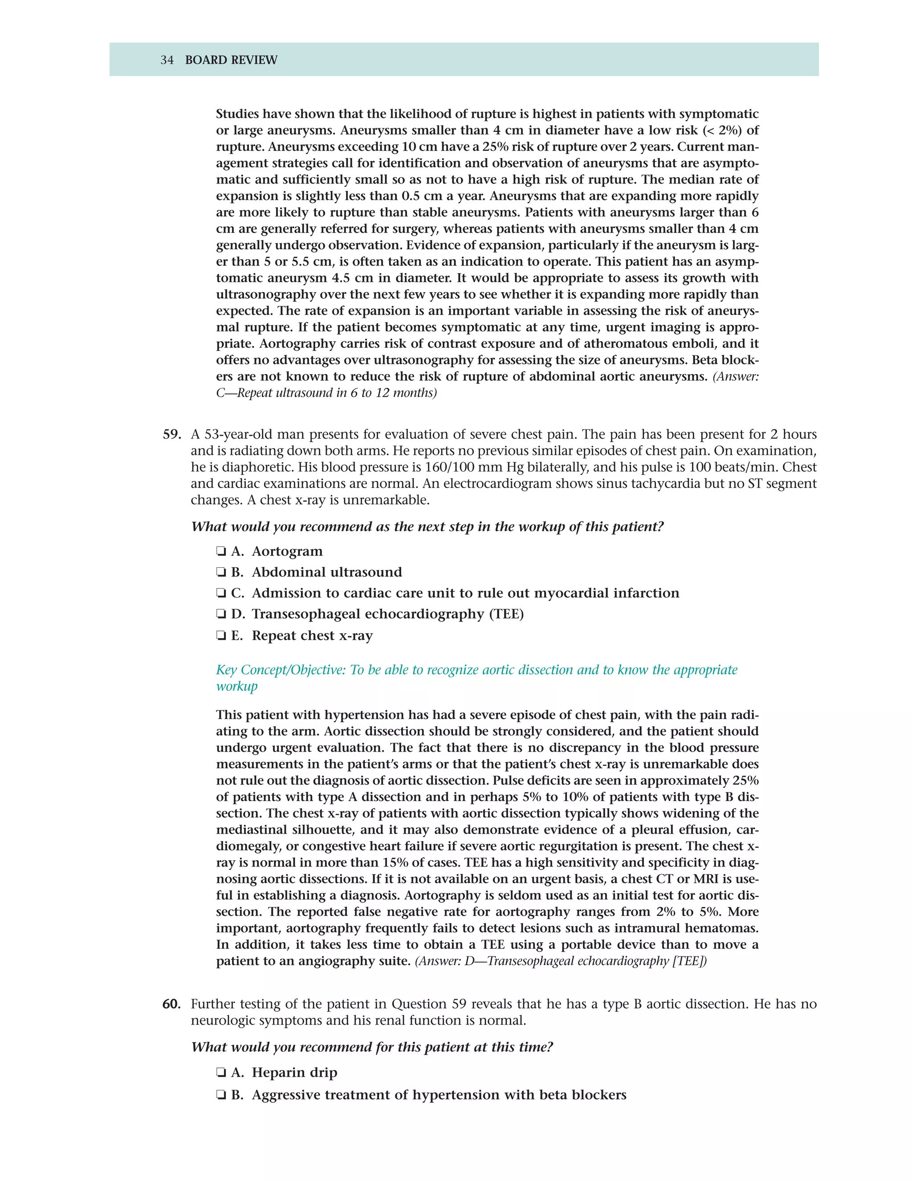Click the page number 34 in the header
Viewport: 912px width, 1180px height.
tap(167, 60)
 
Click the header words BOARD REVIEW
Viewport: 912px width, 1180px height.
tap(231, 60)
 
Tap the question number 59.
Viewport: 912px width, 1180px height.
tap(172, 435)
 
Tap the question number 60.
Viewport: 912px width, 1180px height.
tap(172, 1004)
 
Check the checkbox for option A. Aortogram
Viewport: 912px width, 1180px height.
tap(220, 552)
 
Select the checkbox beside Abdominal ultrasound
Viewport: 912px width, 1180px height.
tap(220, 572)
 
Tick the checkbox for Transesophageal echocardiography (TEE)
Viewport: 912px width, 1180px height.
tap(220, 614)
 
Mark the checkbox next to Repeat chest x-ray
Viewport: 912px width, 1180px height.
tap(220, 636)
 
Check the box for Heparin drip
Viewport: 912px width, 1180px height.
tap(220, 1073)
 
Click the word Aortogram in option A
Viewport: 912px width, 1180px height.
tap(287, 551)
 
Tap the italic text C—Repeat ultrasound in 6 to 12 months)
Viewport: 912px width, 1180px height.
tap(326, 393)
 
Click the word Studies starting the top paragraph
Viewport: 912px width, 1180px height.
tap(238, 114)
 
